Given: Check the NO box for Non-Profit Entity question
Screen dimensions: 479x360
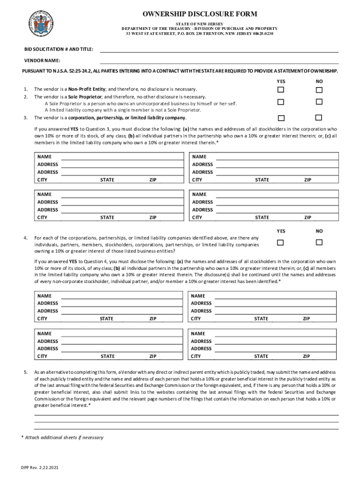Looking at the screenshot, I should [319, 89].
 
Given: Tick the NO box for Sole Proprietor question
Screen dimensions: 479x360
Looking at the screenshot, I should [319, 102].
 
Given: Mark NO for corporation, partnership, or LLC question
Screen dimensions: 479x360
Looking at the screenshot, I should [319, 117].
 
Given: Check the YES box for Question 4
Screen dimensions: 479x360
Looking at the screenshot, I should [281, 242].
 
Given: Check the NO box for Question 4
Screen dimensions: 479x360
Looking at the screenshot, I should [319, 242].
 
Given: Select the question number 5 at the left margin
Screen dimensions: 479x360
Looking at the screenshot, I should [25, 372].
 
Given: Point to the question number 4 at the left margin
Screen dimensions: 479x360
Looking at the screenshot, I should [25, 238].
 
